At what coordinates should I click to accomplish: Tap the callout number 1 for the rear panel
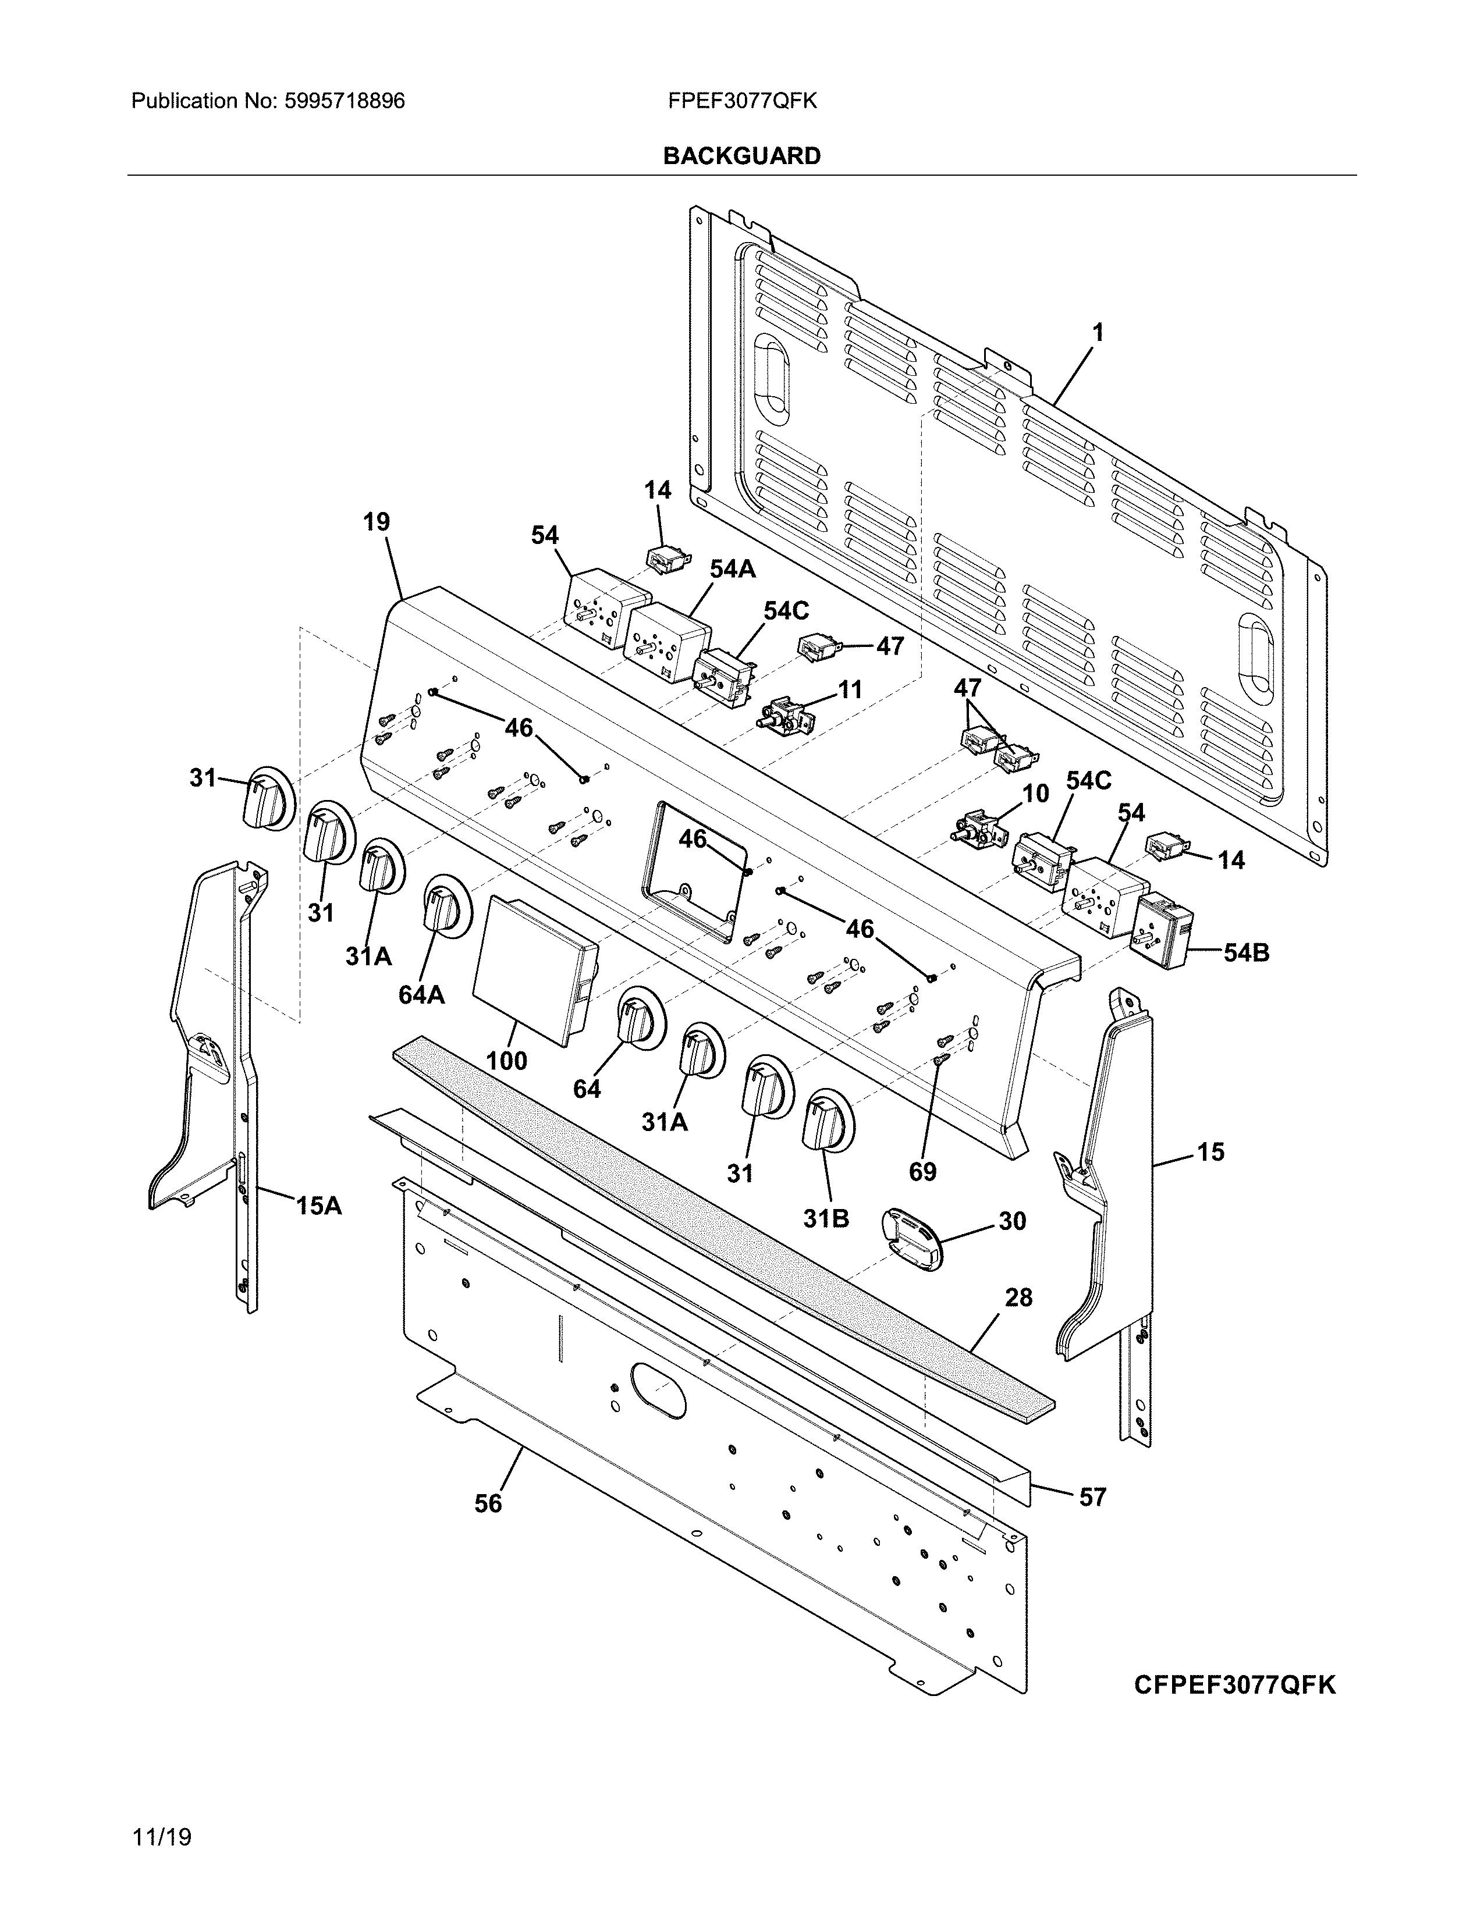click(1097, 332)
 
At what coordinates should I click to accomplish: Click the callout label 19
click(377, 522)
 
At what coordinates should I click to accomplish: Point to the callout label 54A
click(732, 570)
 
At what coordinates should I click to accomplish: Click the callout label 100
click(506, 1060)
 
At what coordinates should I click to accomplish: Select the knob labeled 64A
click(441, 905)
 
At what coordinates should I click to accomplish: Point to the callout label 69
click(923, 1171)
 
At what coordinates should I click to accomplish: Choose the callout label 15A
click(318, 1206)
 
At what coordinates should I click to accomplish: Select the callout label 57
click(1092, 1496)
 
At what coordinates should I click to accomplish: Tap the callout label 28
click(1018, 1297)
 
